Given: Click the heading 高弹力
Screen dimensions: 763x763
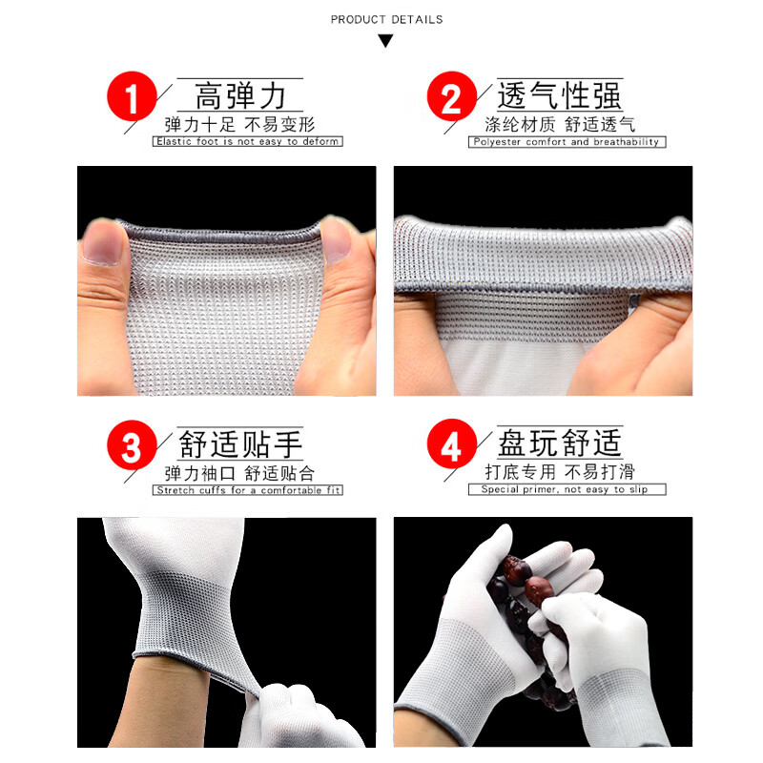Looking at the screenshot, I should [239, 96].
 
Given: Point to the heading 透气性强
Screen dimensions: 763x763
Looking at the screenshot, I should [559, 96].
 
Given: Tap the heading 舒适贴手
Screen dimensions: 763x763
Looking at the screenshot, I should [239, 444].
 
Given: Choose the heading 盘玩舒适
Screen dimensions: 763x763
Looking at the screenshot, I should [559, 444].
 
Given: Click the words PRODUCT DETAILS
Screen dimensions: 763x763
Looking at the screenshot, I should [386, 19].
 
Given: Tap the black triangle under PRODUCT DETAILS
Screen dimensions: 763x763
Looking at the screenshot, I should [385, 41].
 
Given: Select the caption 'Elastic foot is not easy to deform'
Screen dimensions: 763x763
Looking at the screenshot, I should [247, 142].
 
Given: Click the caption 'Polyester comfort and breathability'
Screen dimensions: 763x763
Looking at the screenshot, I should [567, 142].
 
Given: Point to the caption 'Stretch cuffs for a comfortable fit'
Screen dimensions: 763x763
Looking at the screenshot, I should [247, 490].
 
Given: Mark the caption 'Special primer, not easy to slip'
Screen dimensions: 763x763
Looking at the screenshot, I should [567, 490].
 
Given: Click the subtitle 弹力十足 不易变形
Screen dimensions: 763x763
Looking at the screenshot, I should [238, 124].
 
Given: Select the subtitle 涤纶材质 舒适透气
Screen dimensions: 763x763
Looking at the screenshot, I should [559, 124].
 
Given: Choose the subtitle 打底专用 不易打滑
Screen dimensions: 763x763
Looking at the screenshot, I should [559, 472].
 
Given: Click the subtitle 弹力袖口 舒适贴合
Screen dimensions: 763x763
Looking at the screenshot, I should [238, 472].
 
